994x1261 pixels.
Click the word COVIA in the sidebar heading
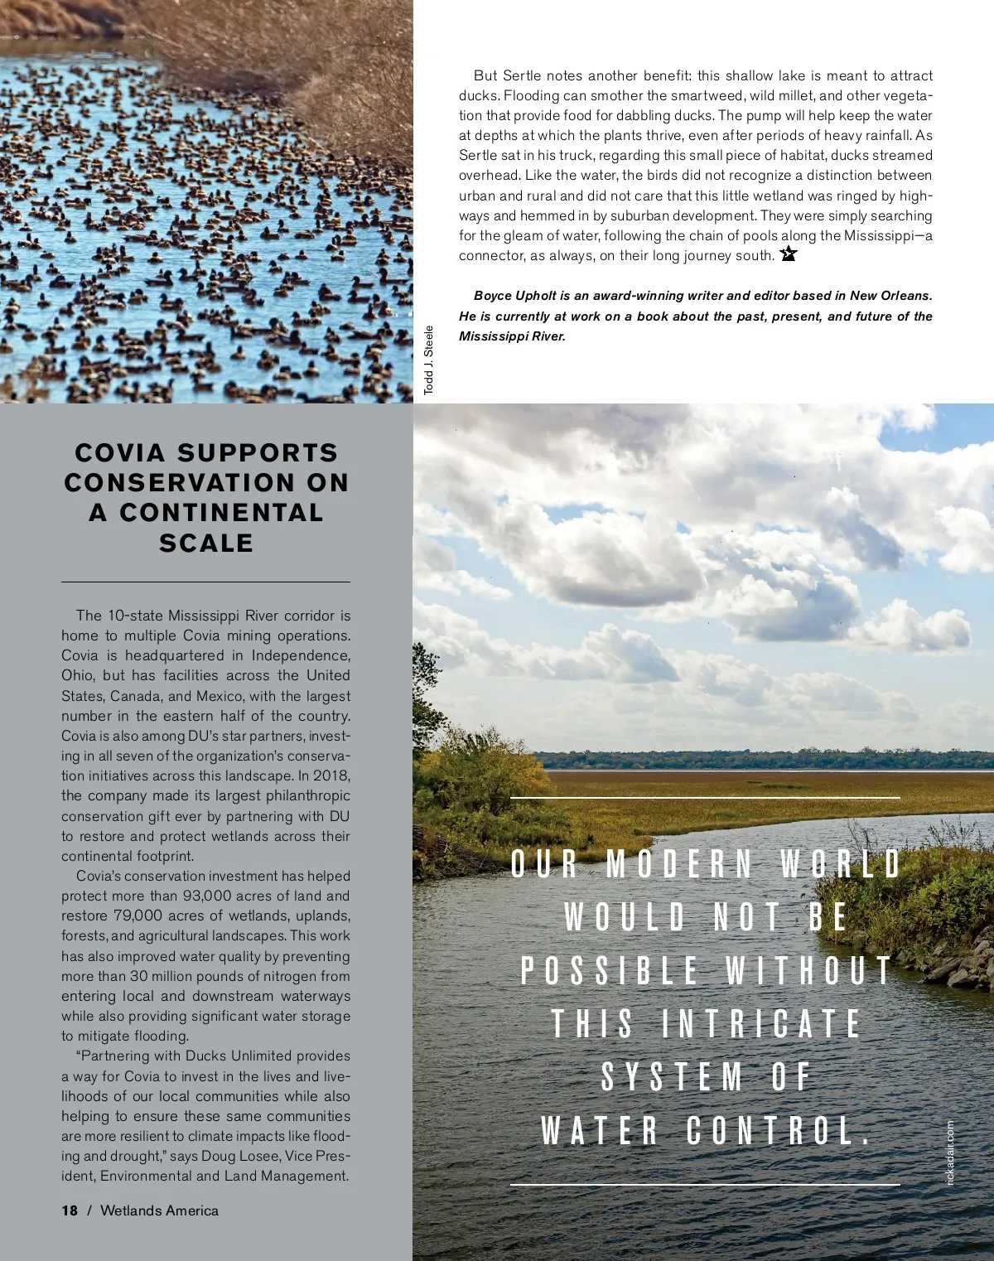(x=120, y=452)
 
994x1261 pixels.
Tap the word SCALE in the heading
(x=206, y=543)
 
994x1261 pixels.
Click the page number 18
(x=70, y=1210)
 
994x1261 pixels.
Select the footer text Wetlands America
(x=159, y=1210)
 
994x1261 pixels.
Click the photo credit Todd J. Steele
(x=428, y=360)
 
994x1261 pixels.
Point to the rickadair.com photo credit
(x=950, y=1152)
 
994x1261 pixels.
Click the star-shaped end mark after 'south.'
(x=788, y=254)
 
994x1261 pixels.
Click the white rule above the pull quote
(x=705, y=798)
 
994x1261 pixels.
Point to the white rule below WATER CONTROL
(x=705, y=1185)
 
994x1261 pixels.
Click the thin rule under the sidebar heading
(x=205, y=582)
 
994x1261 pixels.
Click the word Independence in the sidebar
(x=301, y=655)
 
